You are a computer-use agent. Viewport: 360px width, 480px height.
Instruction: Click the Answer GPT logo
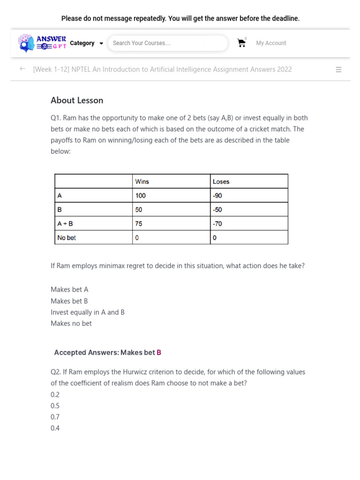point(42,43)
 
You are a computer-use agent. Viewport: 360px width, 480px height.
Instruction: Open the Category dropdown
point(86,43)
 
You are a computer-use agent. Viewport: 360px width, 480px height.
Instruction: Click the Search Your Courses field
point(167,43)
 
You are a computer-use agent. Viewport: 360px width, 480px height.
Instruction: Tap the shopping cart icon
point(241,43)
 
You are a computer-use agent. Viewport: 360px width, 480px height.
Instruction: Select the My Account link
point(271,43)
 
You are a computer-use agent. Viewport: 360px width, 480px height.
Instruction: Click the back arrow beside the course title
point(22,69)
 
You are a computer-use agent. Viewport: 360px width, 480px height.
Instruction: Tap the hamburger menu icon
point(338,69)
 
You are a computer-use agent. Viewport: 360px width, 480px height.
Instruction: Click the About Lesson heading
point(77,100)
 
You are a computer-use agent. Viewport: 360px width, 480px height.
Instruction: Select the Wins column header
point(142,181)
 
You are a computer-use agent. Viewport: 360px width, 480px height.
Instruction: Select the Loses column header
point(221,181)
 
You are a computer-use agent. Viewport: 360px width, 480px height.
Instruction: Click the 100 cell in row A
point(141,195)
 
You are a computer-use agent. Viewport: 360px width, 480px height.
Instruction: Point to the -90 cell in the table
point(217,195)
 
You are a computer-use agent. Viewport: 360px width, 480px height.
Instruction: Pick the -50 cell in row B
point(217,210)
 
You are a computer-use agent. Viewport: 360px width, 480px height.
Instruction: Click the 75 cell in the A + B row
point(139,224)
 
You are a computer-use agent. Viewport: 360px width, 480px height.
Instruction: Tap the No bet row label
point(67,238)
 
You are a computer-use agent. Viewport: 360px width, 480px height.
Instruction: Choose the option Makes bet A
point(69,290)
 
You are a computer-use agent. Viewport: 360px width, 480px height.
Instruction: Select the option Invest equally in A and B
point(88,312)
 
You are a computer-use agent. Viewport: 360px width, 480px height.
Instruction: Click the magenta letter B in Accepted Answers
point(159,352)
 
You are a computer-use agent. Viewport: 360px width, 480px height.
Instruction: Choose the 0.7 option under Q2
point(55,417)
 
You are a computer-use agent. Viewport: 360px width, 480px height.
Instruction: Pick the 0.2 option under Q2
point(55,394)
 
